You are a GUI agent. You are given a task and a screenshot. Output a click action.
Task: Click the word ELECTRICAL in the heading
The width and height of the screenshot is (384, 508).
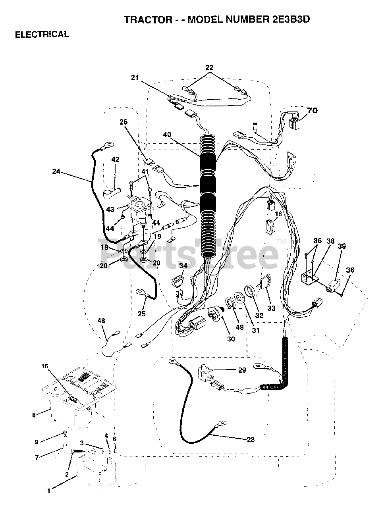point(42,35)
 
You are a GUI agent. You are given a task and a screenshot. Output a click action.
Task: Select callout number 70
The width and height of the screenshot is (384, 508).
point(312,110)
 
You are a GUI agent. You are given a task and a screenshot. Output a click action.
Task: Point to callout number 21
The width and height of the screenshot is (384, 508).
point(135,78)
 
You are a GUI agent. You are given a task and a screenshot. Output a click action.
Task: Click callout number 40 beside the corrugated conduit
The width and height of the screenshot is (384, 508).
point(167,135)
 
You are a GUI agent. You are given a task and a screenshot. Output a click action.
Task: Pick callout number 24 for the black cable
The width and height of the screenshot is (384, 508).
point(56,171)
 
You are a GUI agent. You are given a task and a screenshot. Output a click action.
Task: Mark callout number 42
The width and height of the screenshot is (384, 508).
point(115,160)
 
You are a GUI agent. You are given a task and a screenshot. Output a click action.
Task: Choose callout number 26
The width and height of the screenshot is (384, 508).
point(124,122)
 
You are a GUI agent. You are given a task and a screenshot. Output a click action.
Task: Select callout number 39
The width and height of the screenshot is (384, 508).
point(342,246)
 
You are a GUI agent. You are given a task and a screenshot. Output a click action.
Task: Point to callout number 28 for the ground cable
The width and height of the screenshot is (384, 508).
point(250,439)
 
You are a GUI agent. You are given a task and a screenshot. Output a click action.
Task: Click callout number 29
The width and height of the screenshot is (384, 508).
point(242,370)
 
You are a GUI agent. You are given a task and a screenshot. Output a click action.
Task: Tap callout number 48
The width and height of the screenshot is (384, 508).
point(101,320)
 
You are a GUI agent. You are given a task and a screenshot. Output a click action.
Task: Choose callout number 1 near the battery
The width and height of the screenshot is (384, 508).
point(49,491)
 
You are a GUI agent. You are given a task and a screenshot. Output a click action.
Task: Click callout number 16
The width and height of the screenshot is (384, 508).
point(278,214)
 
